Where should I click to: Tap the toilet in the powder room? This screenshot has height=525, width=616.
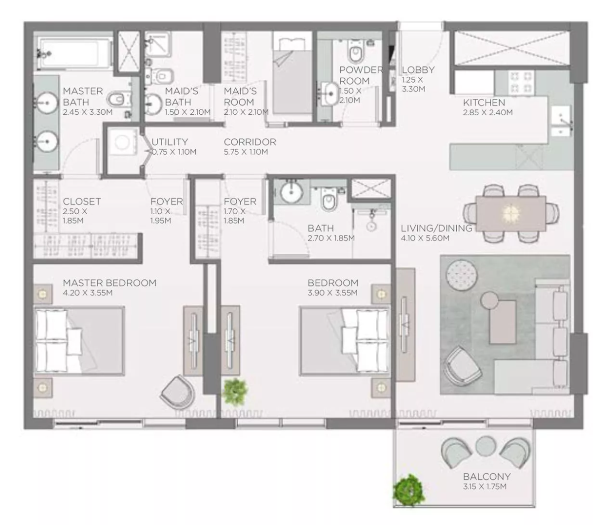tap(355, 53)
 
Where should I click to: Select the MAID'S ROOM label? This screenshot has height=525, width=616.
tap(240, 97)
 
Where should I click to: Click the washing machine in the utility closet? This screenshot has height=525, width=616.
tap(122, 142)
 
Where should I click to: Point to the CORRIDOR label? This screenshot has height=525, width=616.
tap(250, 142)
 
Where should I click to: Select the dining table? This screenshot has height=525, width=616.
tap(511, 213)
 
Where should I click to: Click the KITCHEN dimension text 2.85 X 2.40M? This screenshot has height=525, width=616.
tap(488, 112)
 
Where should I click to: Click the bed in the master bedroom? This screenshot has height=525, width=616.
tap(79, 341)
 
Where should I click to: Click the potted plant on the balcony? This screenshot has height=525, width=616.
tap(408, 490)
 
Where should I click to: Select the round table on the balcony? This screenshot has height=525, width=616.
tap(486, 447)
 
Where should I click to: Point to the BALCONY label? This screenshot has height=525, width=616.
tap(487, 476)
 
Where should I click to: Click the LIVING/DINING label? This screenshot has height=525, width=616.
tap(436, 229)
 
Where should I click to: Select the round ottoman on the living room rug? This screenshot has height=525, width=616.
tap(461, 275)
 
